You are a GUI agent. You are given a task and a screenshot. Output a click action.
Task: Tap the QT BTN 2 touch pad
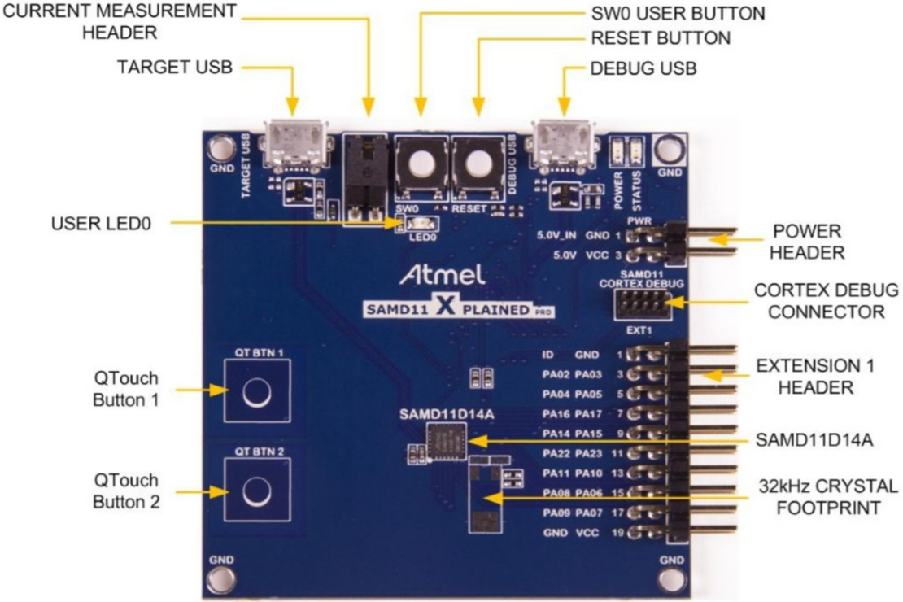pyautogui.click(x=255, y=491)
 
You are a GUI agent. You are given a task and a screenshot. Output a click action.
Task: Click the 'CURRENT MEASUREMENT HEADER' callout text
pyautogui.click(x=119, y=22)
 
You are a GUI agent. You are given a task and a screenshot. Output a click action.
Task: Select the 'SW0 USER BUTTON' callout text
pyautogui.click(x=678, y=13)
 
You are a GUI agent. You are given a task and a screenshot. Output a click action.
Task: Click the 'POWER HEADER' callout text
pyautogui.click(x=807, y=242)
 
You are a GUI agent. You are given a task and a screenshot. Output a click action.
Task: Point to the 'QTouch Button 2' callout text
pyautogui.click(x=126, y=491)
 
